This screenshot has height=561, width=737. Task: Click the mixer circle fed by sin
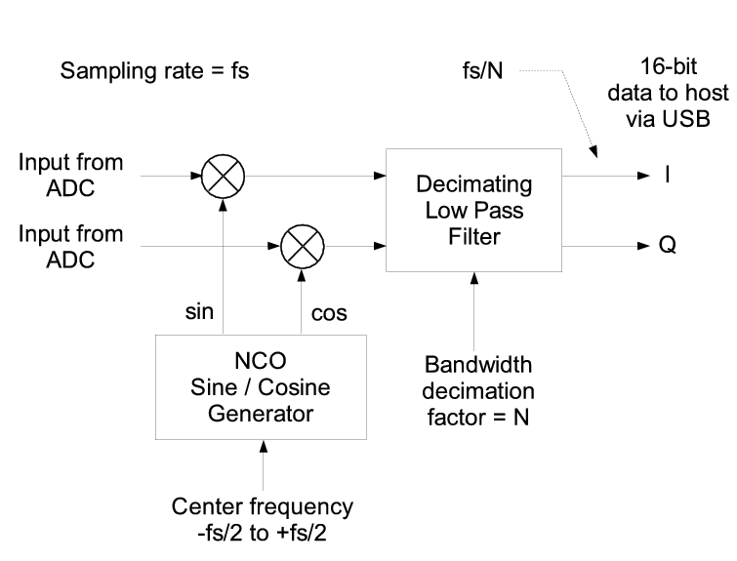(223, 177)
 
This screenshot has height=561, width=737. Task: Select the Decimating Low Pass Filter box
(474, 211)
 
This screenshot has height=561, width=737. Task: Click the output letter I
(667, 178)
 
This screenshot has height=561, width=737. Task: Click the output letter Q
(668, 247)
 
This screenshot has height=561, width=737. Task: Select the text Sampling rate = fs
(155, 71)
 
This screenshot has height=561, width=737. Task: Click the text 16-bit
(667, 68)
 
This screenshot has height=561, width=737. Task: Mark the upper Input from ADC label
(71, 176)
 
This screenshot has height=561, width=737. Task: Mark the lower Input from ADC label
(71, 246)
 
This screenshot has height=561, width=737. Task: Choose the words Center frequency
(263, 506)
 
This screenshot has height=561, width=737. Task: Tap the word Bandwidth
(478, 366)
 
